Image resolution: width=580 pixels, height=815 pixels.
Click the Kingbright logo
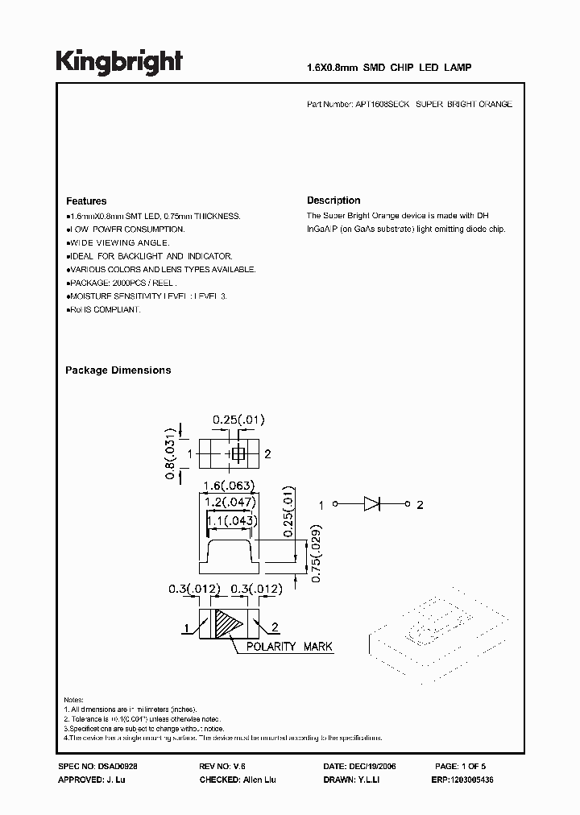click(119, 62)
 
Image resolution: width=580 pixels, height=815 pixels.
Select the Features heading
click(86, 201)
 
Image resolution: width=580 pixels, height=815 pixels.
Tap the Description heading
click(333, 201)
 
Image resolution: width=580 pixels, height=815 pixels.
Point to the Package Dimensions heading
click(118, 370)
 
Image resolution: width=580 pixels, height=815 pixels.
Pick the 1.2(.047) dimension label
click(229, 503)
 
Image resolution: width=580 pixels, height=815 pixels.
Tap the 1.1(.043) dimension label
click(230, 521)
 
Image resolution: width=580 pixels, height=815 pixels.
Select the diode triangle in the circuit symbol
click(371, 505)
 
